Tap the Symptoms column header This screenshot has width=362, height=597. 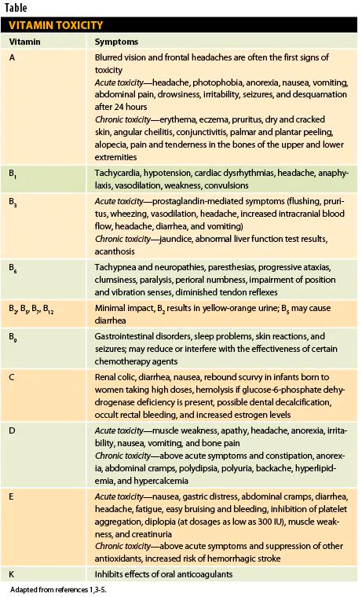click(x=117, y=42)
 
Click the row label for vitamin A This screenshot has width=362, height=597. click(x=13, y=58)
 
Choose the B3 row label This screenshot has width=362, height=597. click(x=13, y=203)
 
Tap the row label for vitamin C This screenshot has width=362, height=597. click(x=13, y=376)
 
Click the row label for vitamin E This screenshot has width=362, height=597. click(x=13, y=496)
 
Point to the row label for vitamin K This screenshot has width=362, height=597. click(x=13, y=574)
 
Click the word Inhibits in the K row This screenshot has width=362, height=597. click(x=108, y=574)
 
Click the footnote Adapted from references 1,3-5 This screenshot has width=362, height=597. click(x=58, y=589)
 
